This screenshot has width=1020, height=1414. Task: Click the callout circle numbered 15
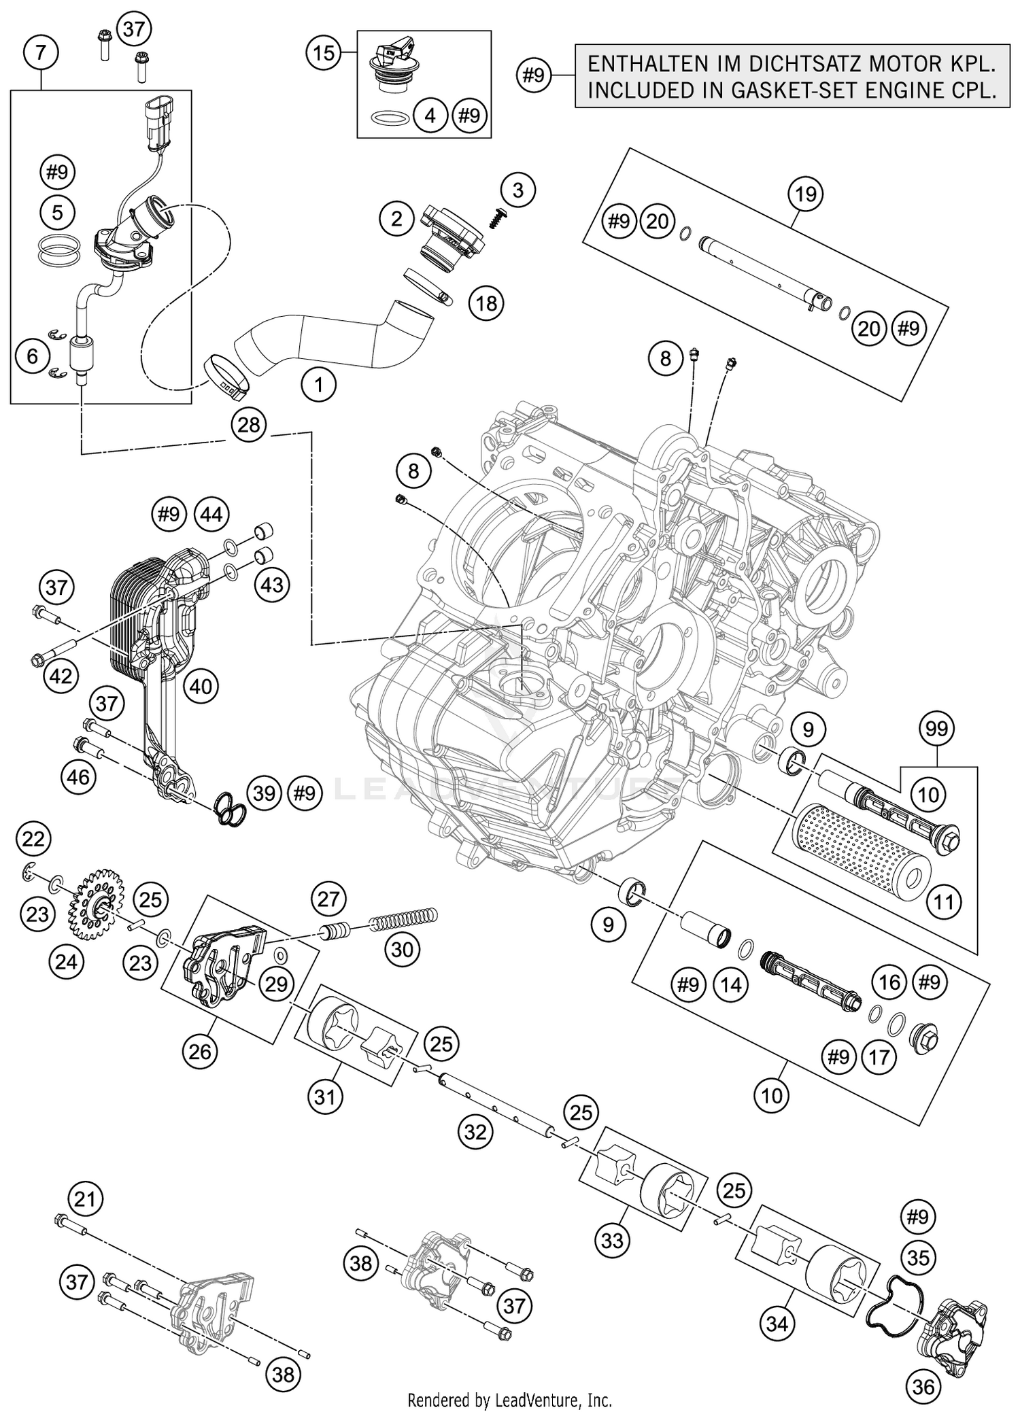coord(324,52)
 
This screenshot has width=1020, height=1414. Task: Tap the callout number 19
coord(805,194)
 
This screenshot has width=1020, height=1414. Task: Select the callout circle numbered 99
coord(937,729)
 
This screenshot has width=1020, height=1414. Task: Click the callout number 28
coord(249,425)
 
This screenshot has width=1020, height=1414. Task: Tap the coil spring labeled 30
coord(403,919)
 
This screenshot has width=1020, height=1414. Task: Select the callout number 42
coord(61,676)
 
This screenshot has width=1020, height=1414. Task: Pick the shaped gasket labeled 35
coord(897,1302)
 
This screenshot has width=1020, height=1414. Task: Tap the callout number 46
coord(79,776)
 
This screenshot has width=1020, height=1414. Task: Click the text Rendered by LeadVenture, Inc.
coord(509,1400)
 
